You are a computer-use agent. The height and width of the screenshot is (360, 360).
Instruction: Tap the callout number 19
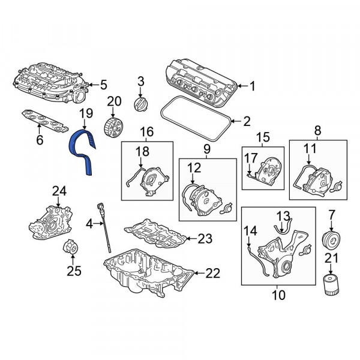[x=86, y=113]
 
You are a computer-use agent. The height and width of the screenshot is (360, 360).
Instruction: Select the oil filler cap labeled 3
[x=140, y=104]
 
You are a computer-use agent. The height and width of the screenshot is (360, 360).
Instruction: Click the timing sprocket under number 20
[x=113, y=127]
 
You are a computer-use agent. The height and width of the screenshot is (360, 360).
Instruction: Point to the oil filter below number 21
[x=331, y=285]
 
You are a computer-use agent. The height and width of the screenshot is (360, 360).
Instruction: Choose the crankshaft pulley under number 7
[x=331, y=241]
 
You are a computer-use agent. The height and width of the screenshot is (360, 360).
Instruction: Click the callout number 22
[x=212, y=273]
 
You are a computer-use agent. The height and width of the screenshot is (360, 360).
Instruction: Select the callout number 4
[x=89, y=224]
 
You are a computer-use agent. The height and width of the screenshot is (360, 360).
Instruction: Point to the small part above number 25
[x=70, y=247]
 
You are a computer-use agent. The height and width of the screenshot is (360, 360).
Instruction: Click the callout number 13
[x=283, y=217]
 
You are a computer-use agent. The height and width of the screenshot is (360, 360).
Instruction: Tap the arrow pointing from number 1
[x=243, y=86]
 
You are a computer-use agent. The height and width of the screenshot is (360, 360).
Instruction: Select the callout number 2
[x=247, y=121]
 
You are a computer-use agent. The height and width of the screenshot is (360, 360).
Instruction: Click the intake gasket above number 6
[x=45, y=121]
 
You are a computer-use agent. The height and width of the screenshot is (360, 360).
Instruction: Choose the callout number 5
[x=104, y=85]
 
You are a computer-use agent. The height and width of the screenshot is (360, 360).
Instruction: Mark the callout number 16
[x=147, y=132]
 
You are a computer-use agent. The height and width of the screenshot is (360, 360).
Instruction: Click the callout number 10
[x=278, y=295]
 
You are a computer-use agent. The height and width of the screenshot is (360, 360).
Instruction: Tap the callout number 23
[x=205, y=239]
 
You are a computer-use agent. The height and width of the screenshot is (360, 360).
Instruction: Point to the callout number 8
[x=317, y=131]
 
